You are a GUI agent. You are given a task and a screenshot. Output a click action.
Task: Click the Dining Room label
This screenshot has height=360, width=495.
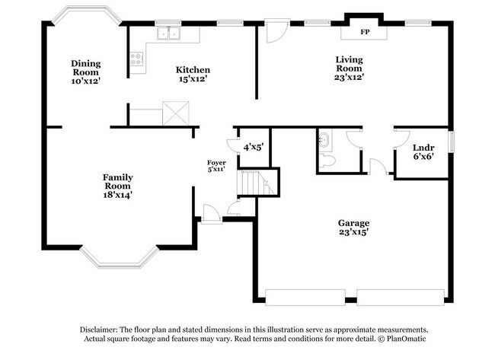coord(86,72)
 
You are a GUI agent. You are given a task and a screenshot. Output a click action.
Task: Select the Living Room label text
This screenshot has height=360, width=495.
coord(349,68)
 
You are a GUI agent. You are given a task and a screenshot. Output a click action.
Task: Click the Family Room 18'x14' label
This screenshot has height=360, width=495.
coord(117,186)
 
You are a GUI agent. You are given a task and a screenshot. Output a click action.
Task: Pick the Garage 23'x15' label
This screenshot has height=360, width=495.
coord(353,228)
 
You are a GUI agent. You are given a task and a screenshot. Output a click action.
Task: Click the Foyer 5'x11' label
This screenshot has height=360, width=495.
coord(216,166)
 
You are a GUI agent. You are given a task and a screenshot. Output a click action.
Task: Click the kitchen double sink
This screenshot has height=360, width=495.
coord(168,33)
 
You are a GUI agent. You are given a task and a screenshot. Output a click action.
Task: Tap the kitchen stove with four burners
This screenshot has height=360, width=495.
coord(136,61)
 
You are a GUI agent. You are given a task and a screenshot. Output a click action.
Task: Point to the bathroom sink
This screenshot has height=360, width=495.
coord(325,140)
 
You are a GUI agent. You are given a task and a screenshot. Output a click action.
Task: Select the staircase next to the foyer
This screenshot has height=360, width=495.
coord(253,183)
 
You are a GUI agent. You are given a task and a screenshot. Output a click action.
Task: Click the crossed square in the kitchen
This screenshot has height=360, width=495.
coord(176,115)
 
